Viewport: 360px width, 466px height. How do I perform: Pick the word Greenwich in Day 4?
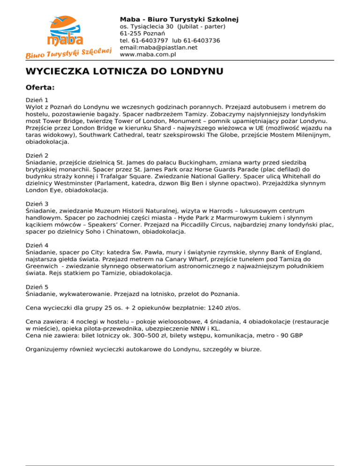tap(43, 266)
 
